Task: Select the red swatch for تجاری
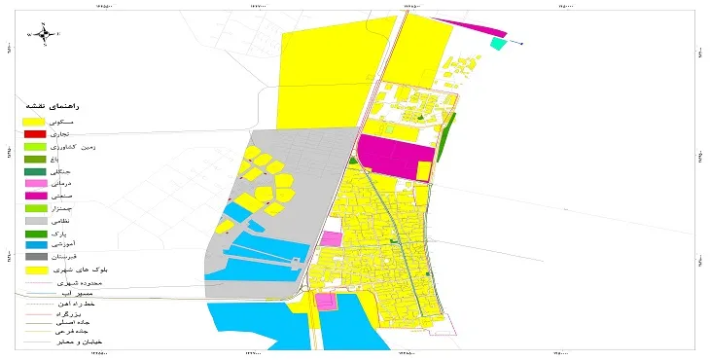click(x=35, y=133)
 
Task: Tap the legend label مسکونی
click(x=85, y=121)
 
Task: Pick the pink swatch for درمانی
click(x=35, y=184)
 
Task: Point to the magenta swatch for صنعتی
click(x=35, y=197)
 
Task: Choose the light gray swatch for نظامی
click(x=35, y=222)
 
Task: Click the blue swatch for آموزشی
click(x=35, y=247)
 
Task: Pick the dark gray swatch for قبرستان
click(x=35, y=258)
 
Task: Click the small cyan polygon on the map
click(x=498, y=43)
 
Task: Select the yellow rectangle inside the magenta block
click(x=423, y=170)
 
